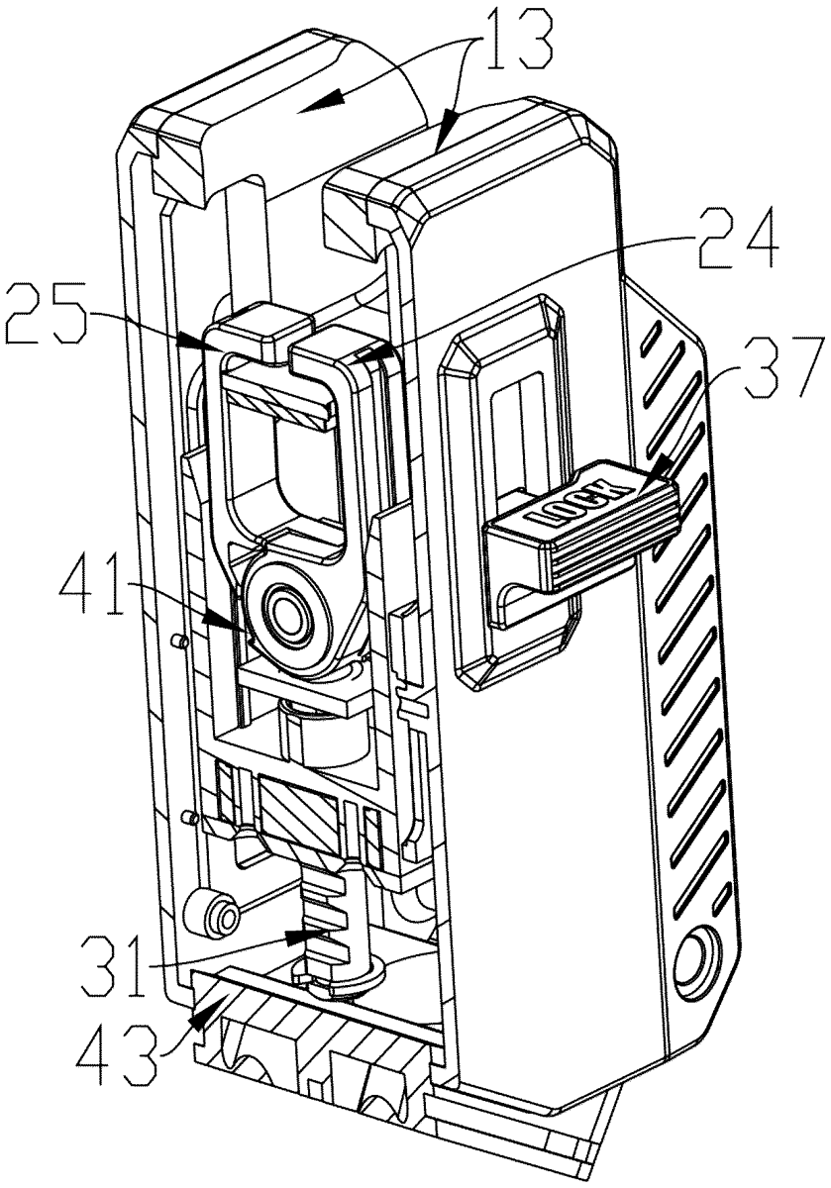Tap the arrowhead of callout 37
click(x=661, y=467)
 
